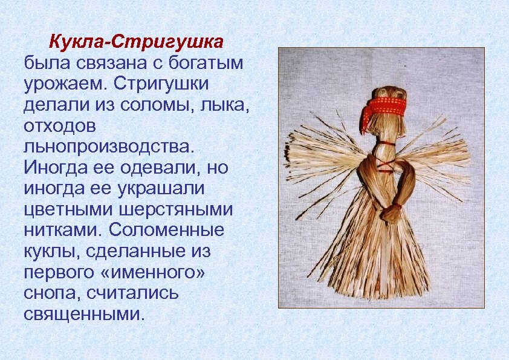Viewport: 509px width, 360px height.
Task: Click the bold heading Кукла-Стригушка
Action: (136, 43)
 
